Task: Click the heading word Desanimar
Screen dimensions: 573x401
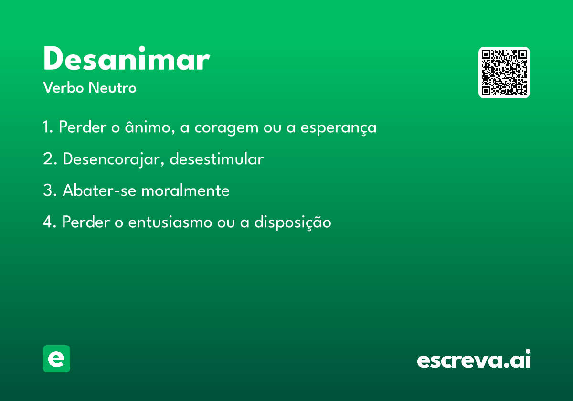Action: point(127,58)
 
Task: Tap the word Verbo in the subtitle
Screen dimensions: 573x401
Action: point(64,87)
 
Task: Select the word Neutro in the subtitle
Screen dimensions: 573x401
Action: point(112,87)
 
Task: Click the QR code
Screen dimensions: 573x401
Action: point(504,73)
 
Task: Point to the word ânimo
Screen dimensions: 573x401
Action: point(150,127)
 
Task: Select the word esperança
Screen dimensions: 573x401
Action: point(339,127)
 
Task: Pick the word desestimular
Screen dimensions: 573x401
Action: point(217,159)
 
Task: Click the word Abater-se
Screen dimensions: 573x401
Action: point(99,190)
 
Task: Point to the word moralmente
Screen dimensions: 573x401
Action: point(185,190)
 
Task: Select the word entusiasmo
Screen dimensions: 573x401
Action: point(170,222)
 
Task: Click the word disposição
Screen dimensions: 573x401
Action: point(293,222)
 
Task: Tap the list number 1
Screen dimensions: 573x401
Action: point(48,127)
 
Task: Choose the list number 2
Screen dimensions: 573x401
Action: point(50,159)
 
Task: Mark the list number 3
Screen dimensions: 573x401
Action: point(50,190)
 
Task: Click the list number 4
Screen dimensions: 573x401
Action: point(49,222)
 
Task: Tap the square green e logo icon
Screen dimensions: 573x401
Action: point(56,359)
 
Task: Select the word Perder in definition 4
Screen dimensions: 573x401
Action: point(86,222)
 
